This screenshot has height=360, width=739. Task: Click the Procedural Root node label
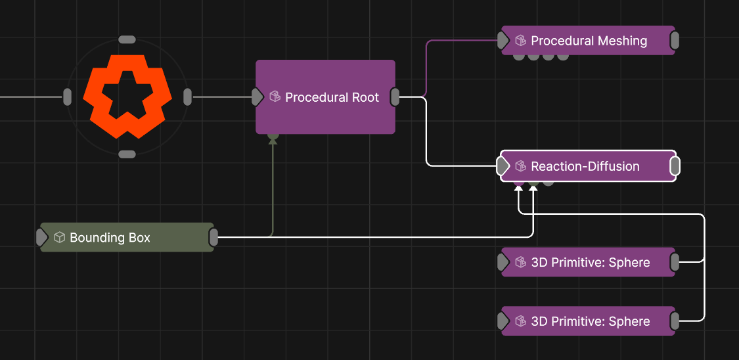(332, 97)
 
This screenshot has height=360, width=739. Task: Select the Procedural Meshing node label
(589, 41)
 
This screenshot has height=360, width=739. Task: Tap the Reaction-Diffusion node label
(585, 166)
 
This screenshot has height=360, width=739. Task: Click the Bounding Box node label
(110, 238)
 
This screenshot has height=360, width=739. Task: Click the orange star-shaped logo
(124, 97)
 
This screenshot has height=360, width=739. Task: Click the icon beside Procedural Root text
(275, 97)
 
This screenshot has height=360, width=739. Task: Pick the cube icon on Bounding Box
(59, 237)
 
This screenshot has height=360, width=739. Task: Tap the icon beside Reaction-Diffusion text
(520, 166)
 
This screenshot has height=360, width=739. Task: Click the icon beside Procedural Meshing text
(520, 41)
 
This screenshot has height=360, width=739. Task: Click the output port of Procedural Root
(395, 97)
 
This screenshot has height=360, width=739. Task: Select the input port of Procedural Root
(258, 97)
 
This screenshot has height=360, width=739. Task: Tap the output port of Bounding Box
(213, 237)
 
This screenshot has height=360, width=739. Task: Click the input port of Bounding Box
(42, 237)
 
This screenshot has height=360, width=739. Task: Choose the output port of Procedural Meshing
(675, 41)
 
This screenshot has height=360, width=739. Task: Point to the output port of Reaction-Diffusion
(675, 166)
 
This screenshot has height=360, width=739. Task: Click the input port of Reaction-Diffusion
(503, 166)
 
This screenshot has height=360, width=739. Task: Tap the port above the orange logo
(127, 39)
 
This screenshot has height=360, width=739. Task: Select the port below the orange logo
(127, 154)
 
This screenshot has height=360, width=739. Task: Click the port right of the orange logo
(188, 97)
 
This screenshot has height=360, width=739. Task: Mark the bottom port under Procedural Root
(273, 137)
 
